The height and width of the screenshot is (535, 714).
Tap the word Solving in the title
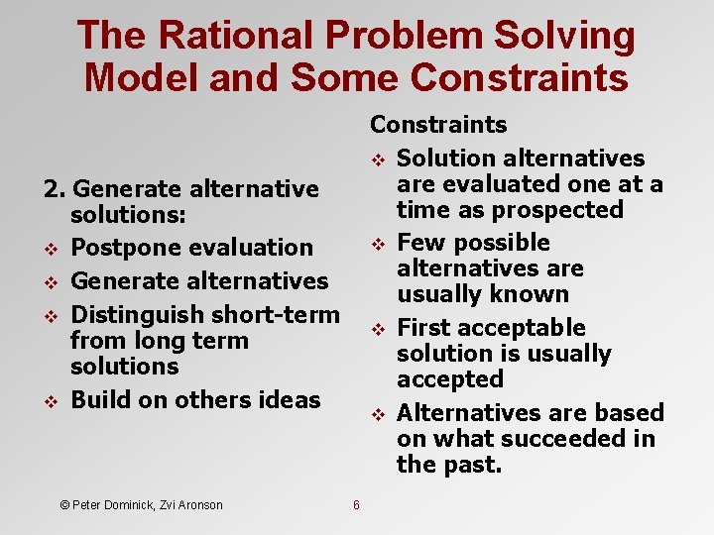(570, 36)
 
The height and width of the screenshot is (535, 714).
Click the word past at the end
(476, 464)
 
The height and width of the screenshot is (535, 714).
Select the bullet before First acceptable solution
(377, 329)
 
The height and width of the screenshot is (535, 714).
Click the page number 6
(356, 505)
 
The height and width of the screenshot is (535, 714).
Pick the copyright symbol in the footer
(64, 505)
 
